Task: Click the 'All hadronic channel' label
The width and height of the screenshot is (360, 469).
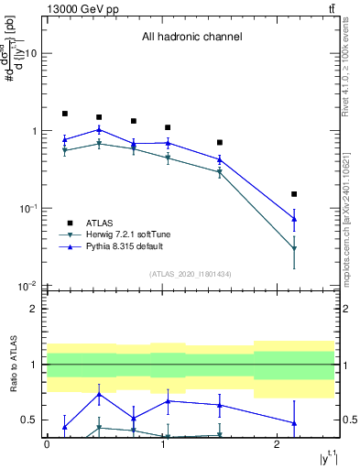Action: click(191, 38)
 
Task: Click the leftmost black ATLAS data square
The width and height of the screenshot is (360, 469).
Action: click(65, 114)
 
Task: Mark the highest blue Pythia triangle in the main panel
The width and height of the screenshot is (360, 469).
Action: click(99, 129)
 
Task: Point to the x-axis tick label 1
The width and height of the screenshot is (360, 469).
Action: click(162, 444)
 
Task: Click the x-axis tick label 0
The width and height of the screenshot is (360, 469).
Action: click(47, 444)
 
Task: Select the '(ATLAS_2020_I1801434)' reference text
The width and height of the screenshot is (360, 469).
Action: click(191, 275)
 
